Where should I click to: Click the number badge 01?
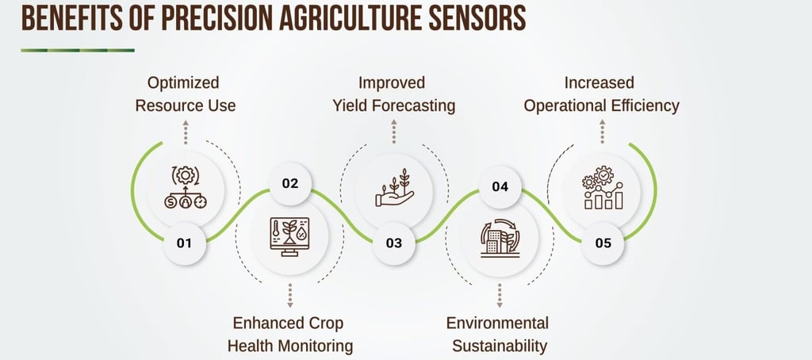[x=184, y=243]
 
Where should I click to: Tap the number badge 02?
[x=290, y=184]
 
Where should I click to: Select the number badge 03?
[x=394, y=243]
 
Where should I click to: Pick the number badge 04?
[x=500, y=186]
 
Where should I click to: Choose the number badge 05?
[x=603, y=243]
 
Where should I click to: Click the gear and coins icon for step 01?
[x=186, y=187]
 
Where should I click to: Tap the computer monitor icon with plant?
[x=289, y=237]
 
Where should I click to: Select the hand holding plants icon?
[x=395, y=187]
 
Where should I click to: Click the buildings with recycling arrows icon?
[x=500, y=238]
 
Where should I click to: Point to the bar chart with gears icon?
[x=603, y=187]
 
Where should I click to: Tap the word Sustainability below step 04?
[x=500, y=346]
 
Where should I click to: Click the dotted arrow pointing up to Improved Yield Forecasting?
[x=394, y=132]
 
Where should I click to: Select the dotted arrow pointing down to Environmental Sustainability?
[x=500, y=296]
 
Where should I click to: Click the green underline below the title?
[x=78, y=50]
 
